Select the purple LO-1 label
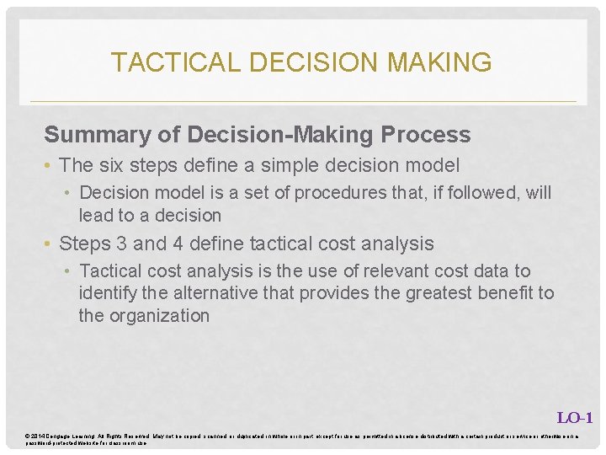point(575,417)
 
